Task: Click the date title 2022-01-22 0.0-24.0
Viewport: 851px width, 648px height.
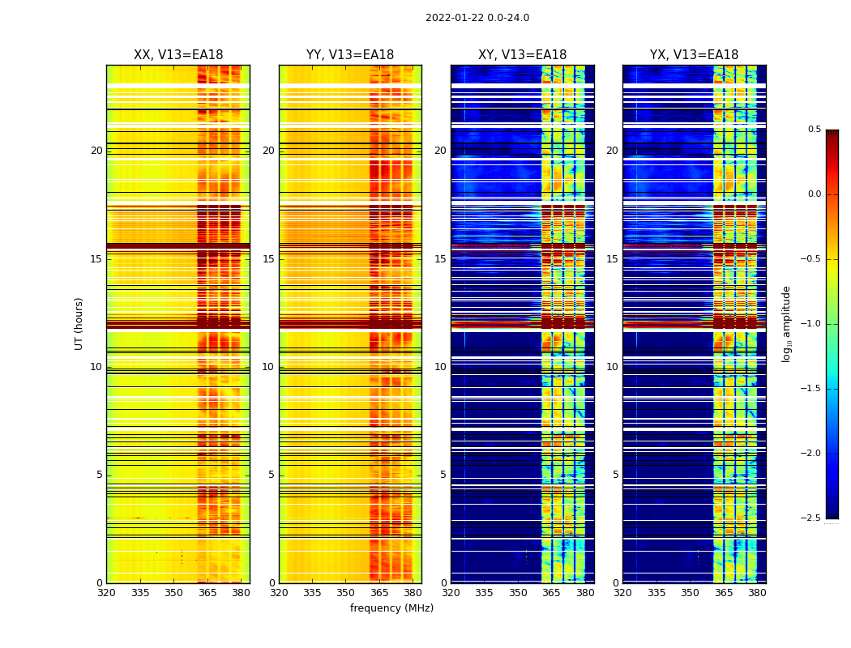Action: [x=477, y=18]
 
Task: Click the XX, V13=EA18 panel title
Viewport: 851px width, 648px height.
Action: [x=178, y=55]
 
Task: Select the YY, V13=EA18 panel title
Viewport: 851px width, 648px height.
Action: [x=350, y=55]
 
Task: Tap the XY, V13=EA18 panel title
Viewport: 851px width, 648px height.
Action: [x=522, y=55]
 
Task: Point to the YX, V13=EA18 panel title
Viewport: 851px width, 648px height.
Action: [x=694, y=55]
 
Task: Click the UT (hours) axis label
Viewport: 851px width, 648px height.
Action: [x=79, y=323]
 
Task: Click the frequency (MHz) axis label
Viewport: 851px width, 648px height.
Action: [x=391, y=608]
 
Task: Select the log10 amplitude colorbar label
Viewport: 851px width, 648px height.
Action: [x=786, y=323]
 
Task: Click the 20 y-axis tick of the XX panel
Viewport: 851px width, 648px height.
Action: [x=96, y=151]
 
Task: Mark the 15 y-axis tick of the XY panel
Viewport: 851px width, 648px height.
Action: [x=440, y=259]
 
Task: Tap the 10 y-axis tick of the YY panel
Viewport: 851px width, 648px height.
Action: [x=268, y=367]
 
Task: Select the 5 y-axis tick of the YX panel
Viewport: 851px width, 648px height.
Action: [x=616, y=475]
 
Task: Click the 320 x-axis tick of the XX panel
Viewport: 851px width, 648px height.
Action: [x=106, y=593]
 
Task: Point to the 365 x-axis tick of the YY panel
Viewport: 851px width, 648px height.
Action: [x=379, y=593]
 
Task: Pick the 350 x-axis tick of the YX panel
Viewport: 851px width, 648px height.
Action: [x=690, y=593]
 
